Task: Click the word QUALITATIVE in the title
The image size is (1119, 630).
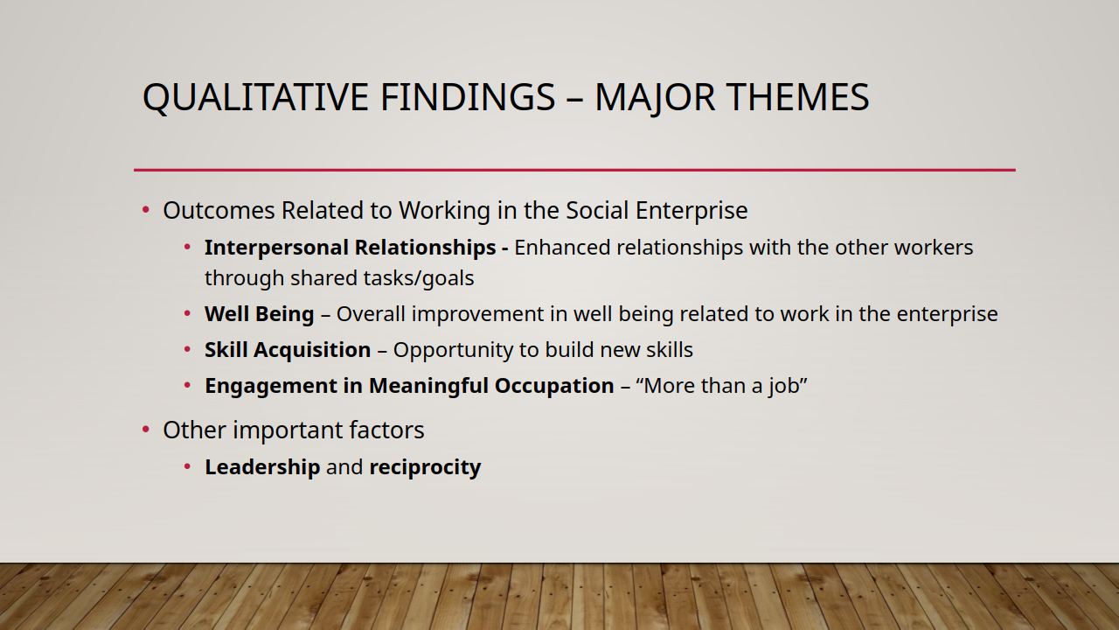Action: (255, 97)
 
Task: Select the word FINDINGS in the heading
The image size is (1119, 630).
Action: (468, 97)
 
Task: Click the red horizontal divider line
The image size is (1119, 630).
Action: (574, 170)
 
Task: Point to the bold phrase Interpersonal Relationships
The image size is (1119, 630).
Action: (350, 248)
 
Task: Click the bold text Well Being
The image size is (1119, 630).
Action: (260, 314)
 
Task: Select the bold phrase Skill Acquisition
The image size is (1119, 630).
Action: (288, 350)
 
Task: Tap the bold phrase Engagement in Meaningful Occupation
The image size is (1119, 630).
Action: (409, 386)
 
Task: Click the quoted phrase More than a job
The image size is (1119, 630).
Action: (721, 386)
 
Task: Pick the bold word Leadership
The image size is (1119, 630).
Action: (262, 467)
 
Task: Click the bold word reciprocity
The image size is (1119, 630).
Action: (425, 467)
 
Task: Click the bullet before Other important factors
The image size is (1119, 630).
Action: (146, 430)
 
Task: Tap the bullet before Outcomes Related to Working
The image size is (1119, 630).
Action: (146, 209)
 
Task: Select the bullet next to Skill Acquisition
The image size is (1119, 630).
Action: (187, 349)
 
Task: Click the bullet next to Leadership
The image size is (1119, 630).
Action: (187, 466)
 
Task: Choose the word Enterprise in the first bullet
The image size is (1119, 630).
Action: (692, 211)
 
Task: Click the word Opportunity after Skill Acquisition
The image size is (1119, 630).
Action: (453, 350)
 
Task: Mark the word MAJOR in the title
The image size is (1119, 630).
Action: (655, 97)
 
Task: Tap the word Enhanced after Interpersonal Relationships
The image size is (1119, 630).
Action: (562, 248)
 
